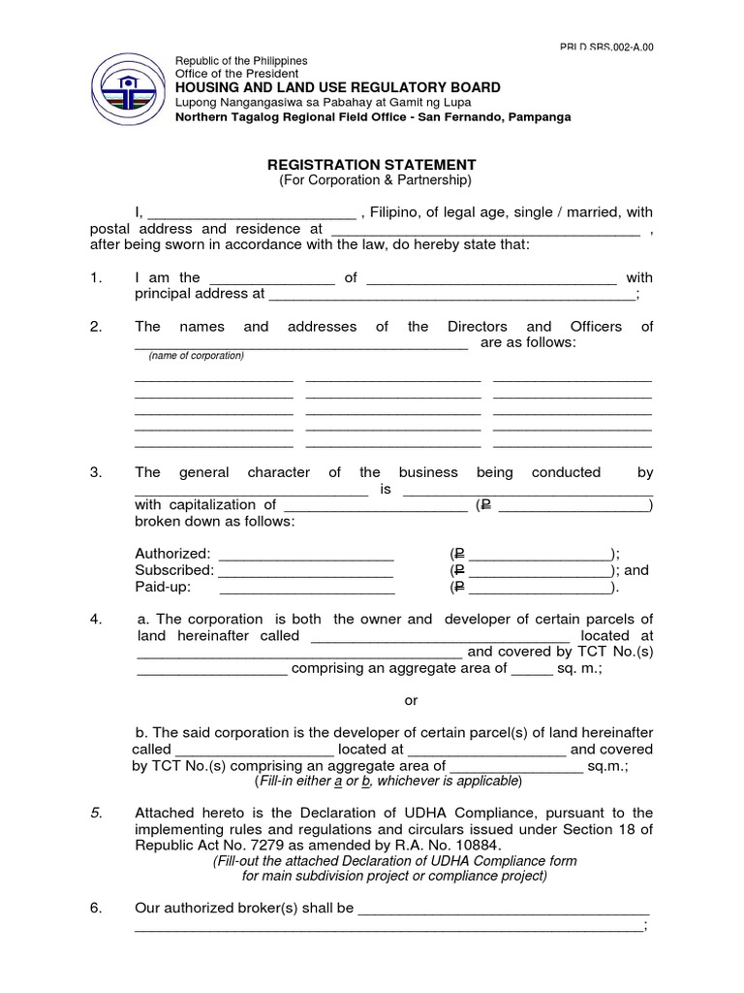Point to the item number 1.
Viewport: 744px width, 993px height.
click(95, 277)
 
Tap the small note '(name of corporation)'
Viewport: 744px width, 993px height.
click(197, 356)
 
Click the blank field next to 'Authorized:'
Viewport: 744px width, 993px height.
click(306, 556)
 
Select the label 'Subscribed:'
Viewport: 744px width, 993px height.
click(174, 570)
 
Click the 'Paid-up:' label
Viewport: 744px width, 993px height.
click(163, 588)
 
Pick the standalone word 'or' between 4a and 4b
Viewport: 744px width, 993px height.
click(411, 701)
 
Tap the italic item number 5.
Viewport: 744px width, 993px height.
click(96, 813)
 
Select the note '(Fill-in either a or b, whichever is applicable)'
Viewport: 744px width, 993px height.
click(387, 782)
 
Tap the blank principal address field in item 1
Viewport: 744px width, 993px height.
click(451, 295)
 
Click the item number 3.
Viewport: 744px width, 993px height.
click(96, 472)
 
